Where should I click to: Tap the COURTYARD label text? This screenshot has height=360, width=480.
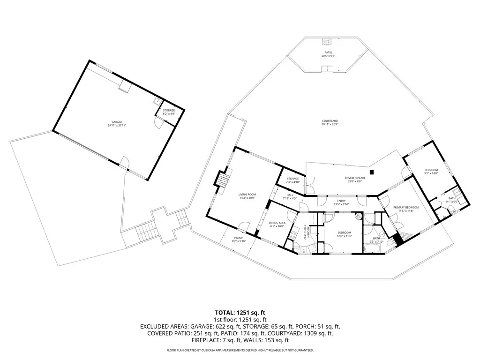(330, 120)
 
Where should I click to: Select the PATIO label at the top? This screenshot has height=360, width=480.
(328, 52)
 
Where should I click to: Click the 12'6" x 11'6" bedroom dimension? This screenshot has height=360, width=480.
(344, 236)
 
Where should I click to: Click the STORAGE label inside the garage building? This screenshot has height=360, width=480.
(169, 110)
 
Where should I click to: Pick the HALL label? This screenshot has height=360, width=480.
(290, 195)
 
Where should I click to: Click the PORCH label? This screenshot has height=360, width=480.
(238, 237)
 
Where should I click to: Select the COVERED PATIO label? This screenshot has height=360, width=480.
(354, 178)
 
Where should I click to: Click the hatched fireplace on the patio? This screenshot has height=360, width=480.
(327, 41)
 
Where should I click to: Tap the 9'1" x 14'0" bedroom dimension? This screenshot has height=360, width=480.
(431, 173)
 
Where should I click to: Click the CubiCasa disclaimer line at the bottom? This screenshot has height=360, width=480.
(240, 350)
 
